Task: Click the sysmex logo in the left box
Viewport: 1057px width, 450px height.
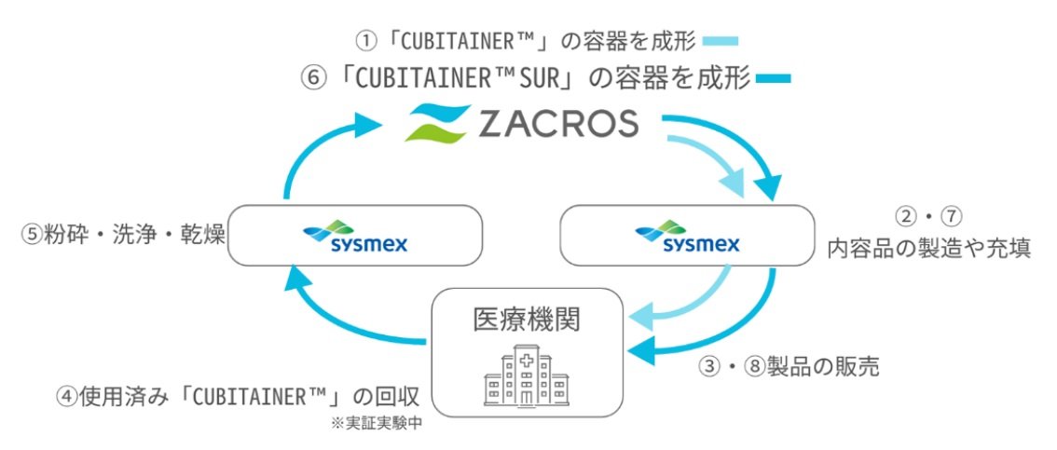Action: [x=355, y=238]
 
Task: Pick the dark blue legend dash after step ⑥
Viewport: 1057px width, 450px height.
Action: [x=773, y=79]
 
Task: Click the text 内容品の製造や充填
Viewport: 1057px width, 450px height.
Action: [x=928, y=249]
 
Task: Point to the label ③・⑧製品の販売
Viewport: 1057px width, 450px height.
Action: [x=789, y=366]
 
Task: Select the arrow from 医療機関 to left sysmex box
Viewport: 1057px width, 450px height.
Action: [x=336, y=317]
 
